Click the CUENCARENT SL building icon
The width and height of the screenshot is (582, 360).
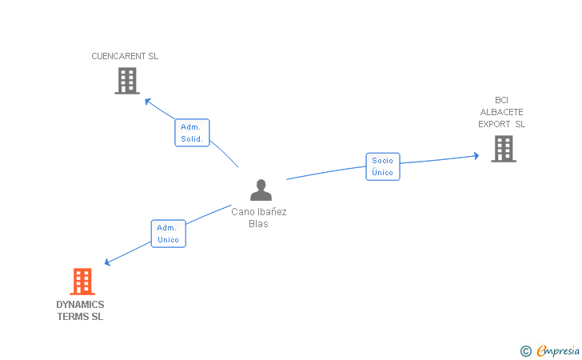pos(127,81)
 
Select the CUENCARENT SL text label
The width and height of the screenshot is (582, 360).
pos(125,57)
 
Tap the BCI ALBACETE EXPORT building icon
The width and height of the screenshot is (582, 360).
pos(503,149)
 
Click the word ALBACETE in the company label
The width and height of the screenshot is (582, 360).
pos(502,112)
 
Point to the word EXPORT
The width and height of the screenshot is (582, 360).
pos(495,124)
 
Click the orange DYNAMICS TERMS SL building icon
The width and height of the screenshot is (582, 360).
pos(82,282)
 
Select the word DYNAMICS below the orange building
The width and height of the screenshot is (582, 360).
pos(80,305)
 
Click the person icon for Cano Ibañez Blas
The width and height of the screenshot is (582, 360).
pos(261,190)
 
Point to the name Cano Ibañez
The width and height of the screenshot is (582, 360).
pos(259,212)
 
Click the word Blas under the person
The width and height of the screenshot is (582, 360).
pos(258,224)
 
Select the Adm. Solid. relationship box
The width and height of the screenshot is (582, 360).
pos(192,133)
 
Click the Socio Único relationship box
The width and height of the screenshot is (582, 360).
pos(383,166)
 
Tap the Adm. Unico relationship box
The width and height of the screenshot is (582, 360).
pos(168,234)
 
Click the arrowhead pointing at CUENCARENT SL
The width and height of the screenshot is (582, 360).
pos(147,101)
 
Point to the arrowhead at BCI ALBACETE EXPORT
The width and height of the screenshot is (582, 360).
pos(476,155)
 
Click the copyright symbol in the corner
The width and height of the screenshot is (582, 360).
pos(525,350)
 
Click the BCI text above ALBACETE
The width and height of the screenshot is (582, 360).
pos(502,100)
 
